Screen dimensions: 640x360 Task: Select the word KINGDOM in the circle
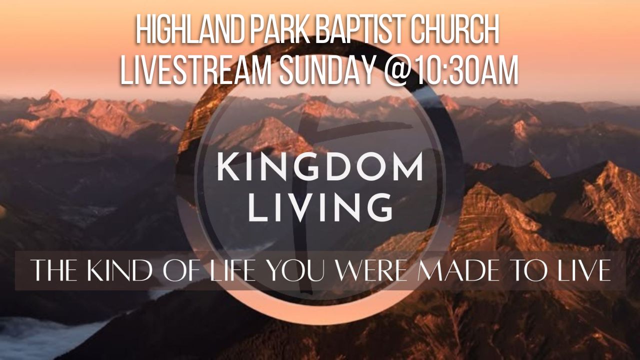click(x=320, y=167)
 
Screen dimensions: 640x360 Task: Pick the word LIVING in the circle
click(x=320, y=207)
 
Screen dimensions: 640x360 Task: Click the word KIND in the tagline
click(x=119, y=270)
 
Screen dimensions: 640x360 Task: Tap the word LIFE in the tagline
click(x=232, y=270)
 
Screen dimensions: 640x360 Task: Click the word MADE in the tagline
click(x=458, y=270)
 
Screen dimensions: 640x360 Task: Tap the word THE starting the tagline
click(x=55, y=270)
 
